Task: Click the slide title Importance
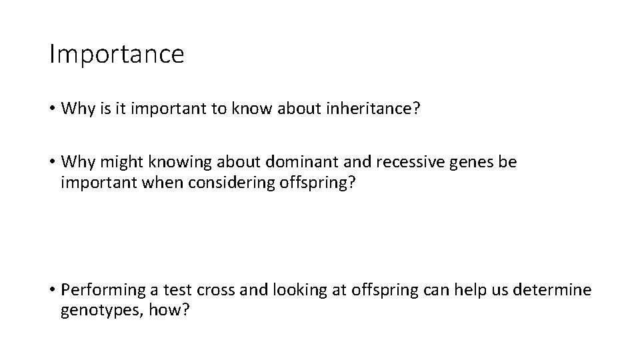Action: click(117, 53)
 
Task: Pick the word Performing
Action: click(101, 291)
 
